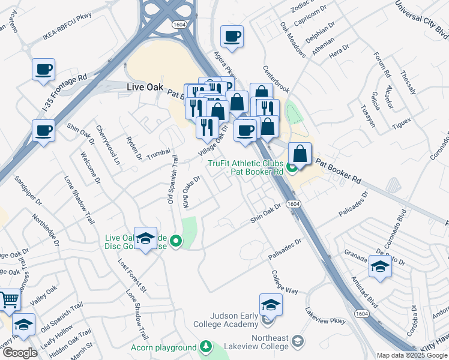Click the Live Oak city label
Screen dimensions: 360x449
click(145, 87)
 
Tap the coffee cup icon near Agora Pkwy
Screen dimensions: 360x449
click(232, 37)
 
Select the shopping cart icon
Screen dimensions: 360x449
click(9, 299)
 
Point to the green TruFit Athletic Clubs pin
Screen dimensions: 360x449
click(292, 167)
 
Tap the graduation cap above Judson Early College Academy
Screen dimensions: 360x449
click(271, 305)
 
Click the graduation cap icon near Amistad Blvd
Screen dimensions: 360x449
click(380, 266)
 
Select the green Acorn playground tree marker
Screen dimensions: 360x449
click(206, 347)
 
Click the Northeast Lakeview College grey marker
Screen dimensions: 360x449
click(297, 342)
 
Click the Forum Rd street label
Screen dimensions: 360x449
click(382, 66)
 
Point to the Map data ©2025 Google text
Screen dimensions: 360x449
click(412, 355)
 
